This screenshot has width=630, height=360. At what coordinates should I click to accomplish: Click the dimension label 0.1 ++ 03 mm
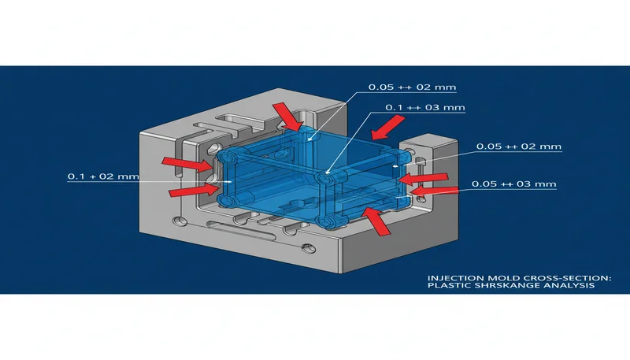pos(424,107)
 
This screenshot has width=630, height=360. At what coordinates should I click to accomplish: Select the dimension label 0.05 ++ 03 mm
pos(513,184)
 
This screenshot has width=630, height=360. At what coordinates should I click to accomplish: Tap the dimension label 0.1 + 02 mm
pos(102,177)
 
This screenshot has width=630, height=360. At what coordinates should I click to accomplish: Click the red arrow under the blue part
pos(376,221)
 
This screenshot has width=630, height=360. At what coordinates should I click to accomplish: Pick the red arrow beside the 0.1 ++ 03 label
pos(388,124)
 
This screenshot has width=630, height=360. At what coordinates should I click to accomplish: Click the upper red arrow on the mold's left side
pos(180,163)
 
